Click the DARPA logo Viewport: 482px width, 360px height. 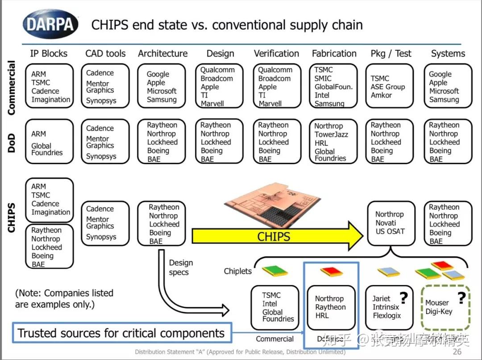(50, 24)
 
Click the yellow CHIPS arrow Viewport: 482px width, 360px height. (277, 236)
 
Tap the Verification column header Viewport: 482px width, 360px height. (276, 54)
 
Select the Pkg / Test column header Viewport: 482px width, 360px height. (391, 54)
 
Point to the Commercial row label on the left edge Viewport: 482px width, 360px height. (12, 88)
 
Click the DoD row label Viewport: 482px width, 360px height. (12, 143)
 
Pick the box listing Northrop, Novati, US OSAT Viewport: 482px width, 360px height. (391, 223)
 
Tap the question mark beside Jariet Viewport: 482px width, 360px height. (403, 298)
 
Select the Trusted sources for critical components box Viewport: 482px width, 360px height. (121, 333)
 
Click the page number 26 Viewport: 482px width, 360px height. (457, 352)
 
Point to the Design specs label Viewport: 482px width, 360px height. (181, 268)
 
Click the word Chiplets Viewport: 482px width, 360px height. (238, 271)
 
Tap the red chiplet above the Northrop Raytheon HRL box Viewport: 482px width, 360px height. (331, 271)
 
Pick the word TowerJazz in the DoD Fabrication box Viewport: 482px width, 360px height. (331, 134)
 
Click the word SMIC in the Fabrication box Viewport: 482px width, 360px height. (323, 79)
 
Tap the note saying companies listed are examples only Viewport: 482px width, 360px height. (64, 298)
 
